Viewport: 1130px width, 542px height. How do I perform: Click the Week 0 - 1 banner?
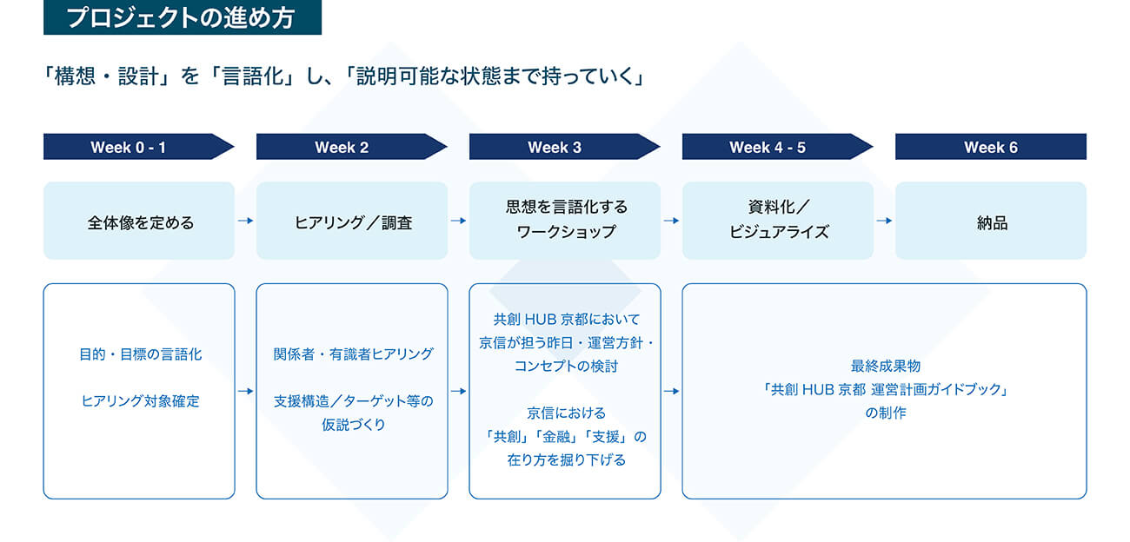coord(129,147)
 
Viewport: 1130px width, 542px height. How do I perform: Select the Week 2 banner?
coord(342,147)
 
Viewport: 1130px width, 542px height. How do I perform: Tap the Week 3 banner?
coord(555,147)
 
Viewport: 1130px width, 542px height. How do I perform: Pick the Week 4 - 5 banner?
coord(768,147)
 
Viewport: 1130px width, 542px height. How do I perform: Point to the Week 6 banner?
coord(990,147)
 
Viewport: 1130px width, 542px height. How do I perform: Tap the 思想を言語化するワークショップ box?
coord(565,221)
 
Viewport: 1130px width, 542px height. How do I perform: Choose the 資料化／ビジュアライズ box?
coord(778,221)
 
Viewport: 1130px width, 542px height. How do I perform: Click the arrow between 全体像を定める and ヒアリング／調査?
coord(246,221)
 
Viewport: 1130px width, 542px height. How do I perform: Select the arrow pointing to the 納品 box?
coord(884,221)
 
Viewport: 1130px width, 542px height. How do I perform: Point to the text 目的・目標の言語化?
coord(140,354)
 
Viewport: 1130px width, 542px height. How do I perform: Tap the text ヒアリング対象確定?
coord(140,401)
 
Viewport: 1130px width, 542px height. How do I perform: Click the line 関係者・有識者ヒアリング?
coord(353,354)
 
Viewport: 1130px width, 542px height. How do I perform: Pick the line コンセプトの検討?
coord(566,366)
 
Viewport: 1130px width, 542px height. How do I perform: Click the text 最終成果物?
coord(885,367)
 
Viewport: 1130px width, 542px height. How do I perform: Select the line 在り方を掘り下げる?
coord(566,459)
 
